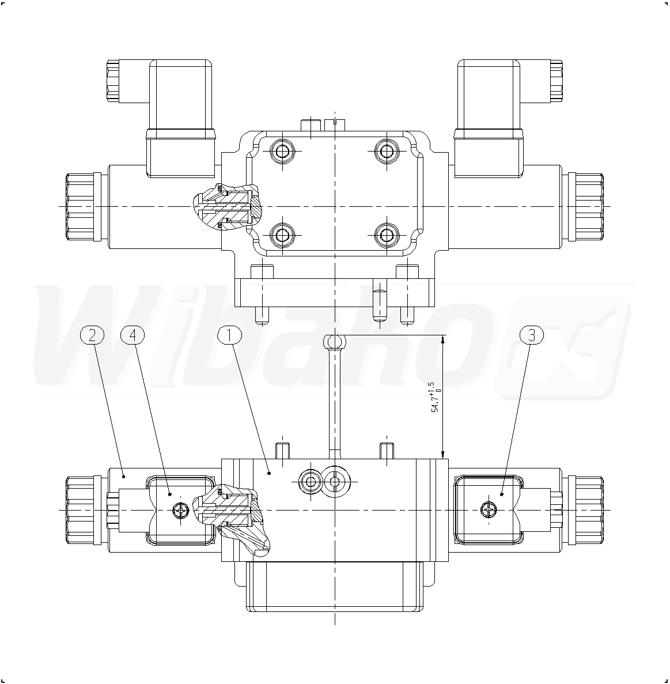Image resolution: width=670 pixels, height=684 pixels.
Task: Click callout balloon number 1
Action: [x=229, y=335]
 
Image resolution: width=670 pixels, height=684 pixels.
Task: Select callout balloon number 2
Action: [x=92, y=335]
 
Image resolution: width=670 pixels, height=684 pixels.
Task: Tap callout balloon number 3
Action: [x=532, y=335]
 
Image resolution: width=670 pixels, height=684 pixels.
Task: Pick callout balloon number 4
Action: [x=133, y=335]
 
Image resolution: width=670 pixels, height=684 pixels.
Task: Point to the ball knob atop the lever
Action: [x=335, y=340]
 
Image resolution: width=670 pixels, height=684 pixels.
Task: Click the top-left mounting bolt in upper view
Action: [x=283, y=152]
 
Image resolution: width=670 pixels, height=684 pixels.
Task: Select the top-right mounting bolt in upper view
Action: [x=387, y=152]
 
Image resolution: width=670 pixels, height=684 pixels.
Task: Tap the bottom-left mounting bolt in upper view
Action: [x=283, y=235]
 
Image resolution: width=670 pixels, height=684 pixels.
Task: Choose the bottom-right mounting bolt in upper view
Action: [x=387, y=235]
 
